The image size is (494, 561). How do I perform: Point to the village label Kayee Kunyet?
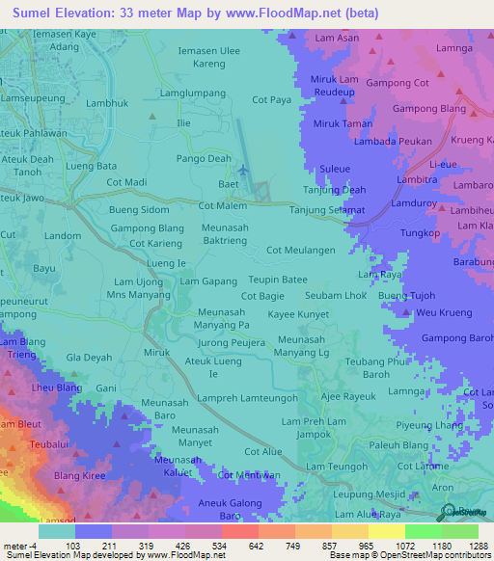299,315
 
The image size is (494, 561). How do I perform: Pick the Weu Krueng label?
444,313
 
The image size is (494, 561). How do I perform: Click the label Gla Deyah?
88,357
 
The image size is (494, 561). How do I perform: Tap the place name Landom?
63,235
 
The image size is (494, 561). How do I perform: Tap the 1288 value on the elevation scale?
466,546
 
